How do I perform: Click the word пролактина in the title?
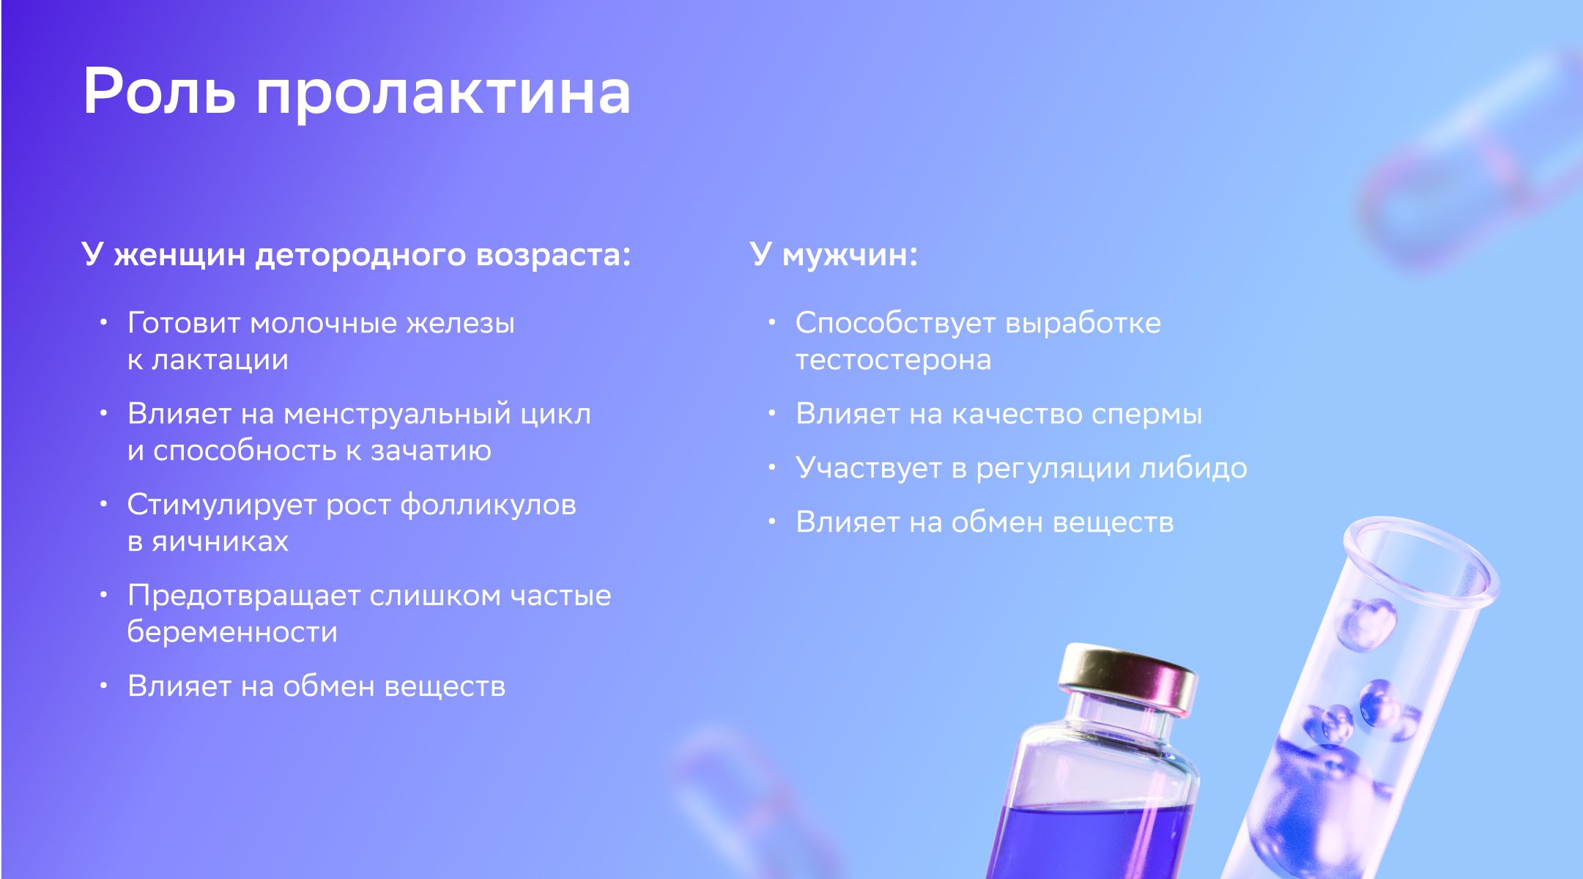443,95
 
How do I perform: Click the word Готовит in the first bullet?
184,323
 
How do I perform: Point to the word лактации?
220,360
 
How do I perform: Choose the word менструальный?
397,415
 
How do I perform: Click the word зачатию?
431,451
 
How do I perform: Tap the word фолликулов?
489,505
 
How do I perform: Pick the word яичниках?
220,542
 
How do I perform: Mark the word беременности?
232,632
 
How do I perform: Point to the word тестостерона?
893,360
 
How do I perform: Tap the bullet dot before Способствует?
771,322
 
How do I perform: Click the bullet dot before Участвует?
771,467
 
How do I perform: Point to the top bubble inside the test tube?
1368,625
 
